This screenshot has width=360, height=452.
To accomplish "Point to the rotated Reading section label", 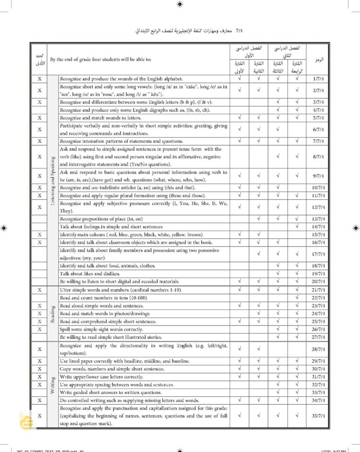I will coord(53,313).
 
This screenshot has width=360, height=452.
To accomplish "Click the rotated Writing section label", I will coord(53,385).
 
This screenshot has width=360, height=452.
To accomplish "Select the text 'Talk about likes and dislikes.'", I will coord(90,273).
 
